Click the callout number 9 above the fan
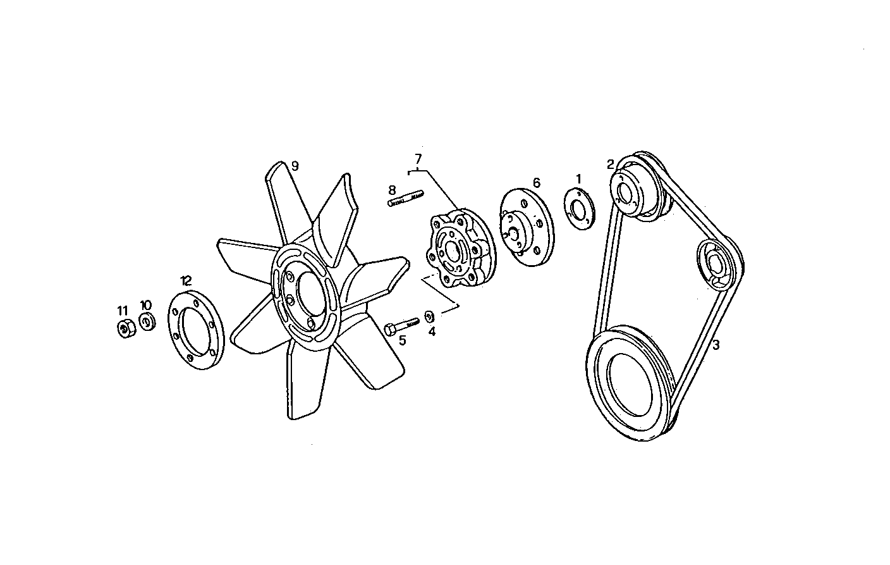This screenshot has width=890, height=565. (295, 166)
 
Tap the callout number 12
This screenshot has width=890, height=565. (185, 280)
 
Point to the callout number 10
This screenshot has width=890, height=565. (145, 306)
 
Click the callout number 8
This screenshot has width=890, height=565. (392, 189)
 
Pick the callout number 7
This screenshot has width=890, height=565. (418, 158)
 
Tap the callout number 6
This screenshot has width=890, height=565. (536, 183)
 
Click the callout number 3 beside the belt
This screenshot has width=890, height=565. (716, 345)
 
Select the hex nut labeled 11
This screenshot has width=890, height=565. (125, 329)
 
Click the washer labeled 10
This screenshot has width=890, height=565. (147, 322)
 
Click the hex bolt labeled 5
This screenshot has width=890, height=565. (401, 326)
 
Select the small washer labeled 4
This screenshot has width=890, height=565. (429, 315)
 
